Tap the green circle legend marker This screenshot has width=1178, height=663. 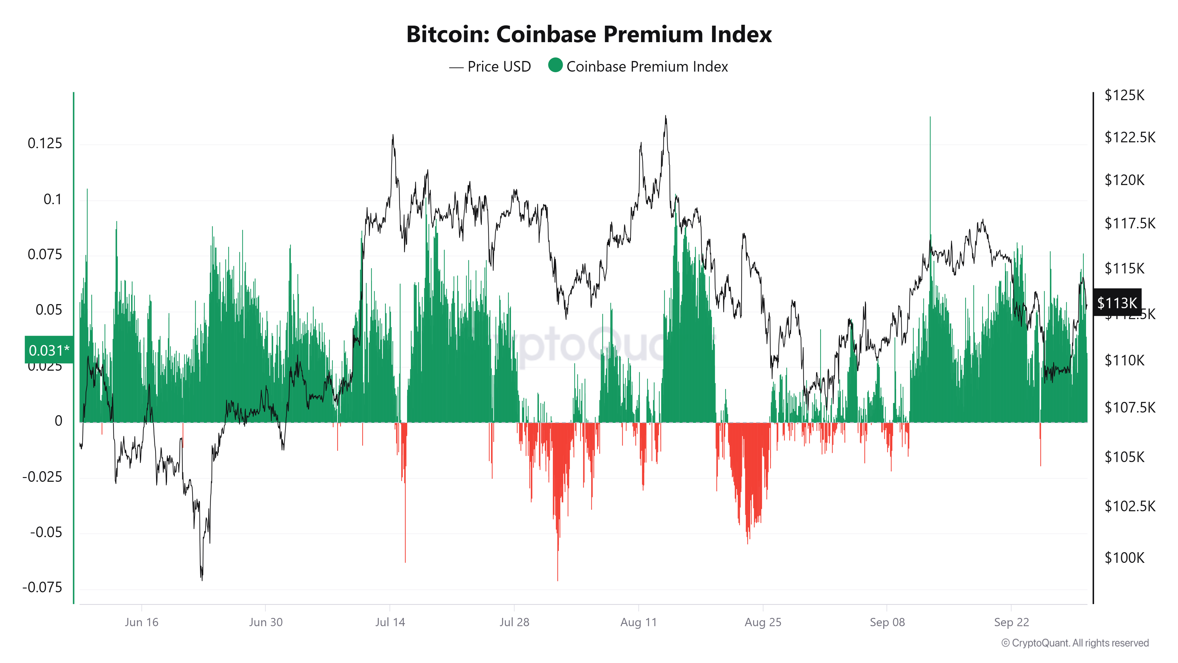pyautogui.click(x=555, y=65)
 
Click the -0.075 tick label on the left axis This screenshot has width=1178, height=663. pyautogui.click(x=42, y=588)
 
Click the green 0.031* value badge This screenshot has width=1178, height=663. pyautogui.click(x=49, y=350)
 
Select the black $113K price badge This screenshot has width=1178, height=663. pyautogui.click(x=1117, y=303)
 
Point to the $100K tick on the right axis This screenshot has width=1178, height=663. pyautogui.click(x=1124, y=558)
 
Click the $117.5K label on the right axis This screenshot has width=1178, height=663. pyautogui.click(x=1129, y=223)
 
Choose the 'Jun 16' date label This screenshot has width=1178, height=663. pyautogui.click(x=141, y=622)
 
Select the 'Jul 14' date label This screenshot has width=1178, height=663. pyautogui.click(x=390, y=622)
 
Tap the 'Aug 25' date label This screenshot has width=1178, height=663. pyautogui.click(x=763, y=622)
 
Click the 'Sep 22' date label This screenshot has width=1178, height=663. pyautogui.click(x=1011, y=622)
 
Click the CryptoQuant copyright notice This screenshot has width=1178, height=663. pyautogui.click(x=1075, y=643)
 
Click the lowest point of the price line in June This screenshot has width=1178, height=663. pyautogui.click(x=202, y=579)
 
